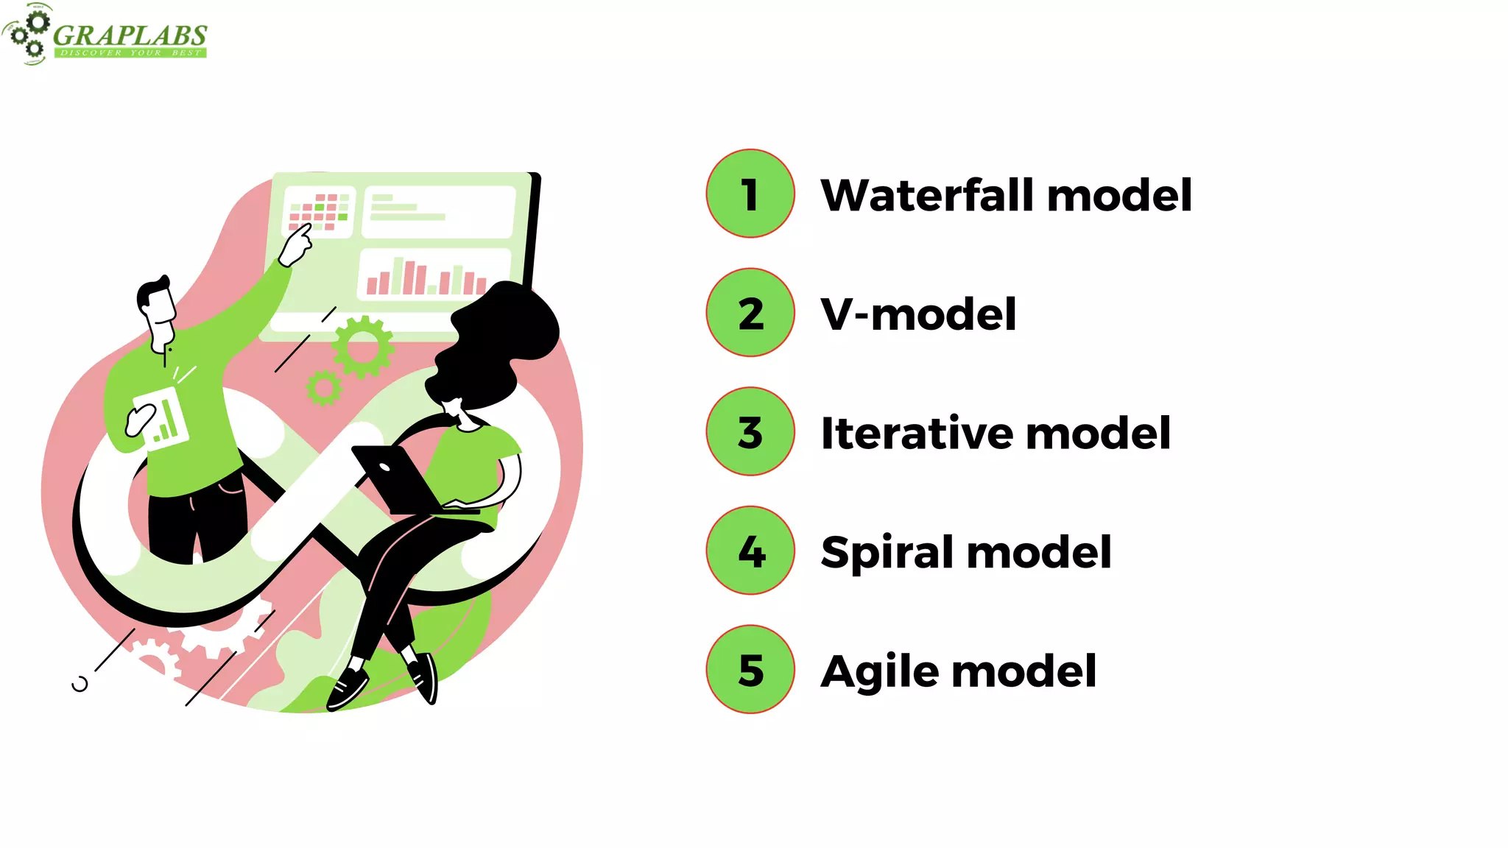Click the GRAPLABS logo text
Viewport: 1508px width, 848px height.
click(x=130, y=35)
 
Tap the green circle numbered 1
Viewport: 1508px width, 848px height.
click(x=750, y=194)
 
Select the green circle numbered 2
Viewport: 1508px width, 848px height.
click(x=750, y=313)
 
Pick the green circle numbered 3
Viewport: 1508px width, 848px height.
click(x=750, y=431)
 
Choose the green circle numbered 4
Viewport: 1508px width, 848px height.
click(x=750, y=551)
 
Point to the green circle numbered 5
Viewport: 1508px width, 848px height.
click(x=750, y=669)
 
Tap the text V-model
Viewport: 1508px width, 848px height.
click(x=918, y=314)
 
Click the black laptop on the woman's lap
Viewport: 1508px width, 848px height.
click(x=394, y=478)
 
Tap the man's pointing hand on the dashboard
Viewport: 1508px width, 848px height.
click(x=296, y=244)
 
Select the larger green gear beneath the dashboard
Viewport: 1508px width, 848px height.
click(x=362, y=347)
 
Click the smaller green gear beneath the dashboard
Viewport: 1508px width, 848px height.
click(x=323, y=388)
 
